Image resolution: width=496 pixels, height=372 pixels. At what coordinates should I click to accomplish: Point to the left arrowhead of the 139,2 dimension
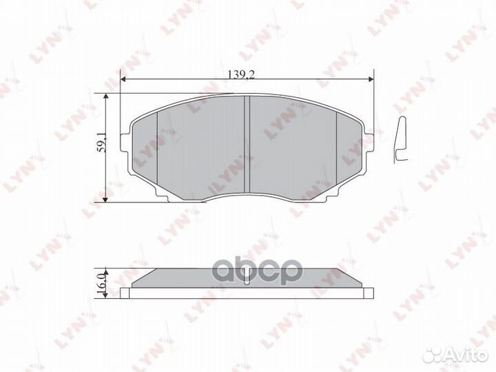pos(124,80)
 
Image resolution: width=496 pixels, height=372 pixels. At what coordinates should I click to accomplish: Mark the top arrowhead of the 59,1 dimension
pos(105,98)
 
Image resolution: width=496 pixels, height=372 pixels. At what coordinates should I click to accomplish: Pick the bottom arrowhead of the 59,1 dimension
pos(105,198)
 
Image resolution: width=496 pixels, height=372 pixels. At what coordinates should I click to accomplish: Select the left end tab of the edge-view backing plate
pos(125,292)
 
